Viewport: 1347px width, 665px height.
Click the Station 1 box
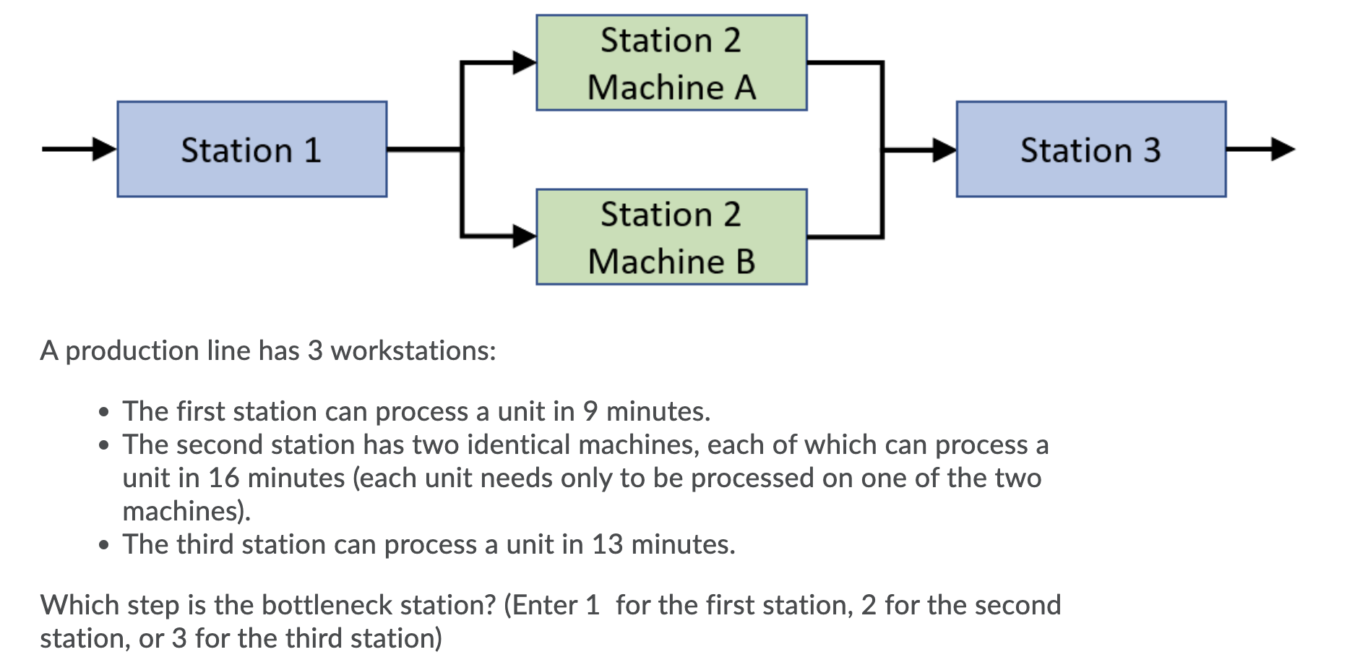tap(251, 150)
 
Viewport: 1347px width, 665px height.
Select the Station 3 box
tap(1090, 150)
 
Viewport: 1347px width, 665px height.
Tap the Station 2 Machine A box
tap(671, 63)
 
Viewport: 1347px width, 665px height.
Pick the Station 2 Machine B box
tap(671, 237)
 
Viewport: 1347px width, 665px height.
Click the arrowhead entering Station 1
tap(105, 150)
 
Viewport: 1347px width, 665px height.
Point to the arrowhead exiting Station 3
tap(1283, 150)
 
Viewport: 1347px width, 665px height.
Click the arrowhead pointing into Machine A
tap(524, 63)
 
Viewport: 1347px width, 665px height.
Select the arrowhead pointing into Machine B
tap(524, 236)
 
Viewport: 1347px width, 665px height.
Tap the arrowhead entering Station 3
tap(944, 150)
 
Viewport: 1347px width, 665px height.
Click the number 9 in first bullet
tap(590, 411)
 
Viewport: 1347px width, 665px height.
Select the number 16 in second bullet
tap(224, 478)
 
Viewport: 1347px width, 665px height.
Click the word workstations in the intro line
tap(413, 351)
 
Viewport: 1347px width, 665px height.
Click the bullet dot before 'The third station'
tap(105, 545)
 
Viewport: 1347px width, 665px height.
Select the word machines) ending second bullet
tap(186, 511)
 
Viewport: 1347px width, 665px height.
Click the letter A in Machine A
tap(746, 88)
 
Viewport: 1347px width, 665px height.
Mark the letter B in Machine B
tap(746, 262)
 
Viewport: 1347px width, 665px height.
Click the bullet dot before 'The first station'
tap(105, 412)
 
